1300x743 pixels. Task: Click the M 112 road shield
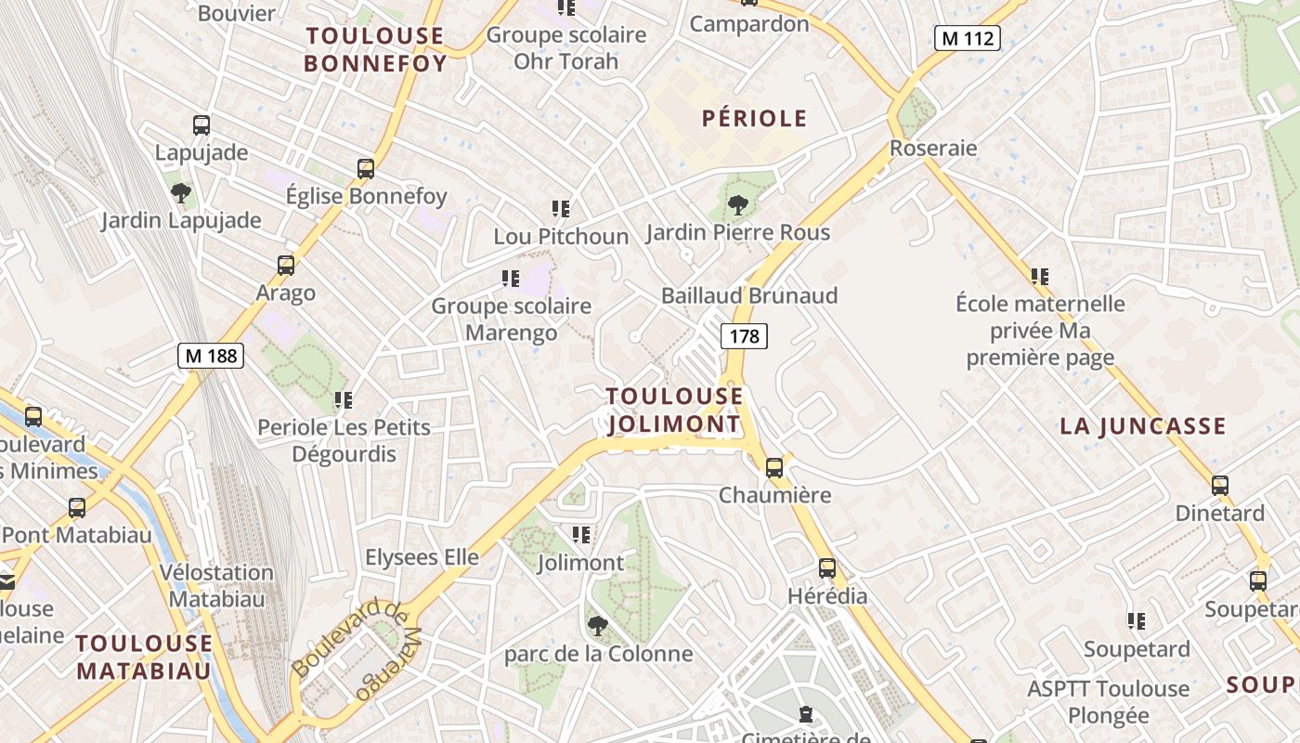[x=967, y=38]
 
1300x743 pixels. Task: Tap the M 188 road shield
[x=211, y=355]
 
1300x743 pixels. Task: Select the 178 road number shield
[x=744, y=336]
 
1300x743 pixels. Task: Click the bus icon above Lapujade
[x=201, y=125]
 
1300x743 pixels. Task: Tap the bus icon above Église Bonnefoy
[x=366, y=169]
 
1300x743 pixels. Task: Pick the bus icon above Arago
[x=286, y=266]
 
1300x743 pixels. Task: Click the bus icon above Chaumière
[x=774, y=468]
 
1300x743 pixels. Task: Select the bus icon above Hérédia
[x=826, y=568]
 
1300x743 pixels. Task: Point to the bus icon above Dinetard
[x=1220, y=485]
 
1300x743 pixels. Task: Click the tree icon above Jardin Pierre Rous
[x=738, y=204]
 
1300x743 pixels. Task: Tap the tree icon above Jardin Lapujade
[x=181, y=193]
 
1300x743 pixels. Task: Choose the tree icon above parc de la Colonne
[x=598, y=625]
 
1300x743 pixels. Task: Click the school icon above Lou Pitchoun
[x=561, y=209]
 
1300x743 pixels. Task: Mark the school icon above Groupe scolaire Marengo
[x=511, y=278]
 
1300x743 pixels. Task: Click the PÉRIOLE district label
[x=754, y=119]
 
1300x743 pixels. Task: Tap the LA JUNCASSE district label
[x=1143, y=426]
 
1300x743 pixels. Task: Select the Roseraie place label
[x=933, y=148]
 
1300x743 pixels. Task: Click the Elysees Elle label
[x=422, y=557]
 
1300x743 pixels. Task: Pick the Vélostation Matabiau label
[x=216, y=585]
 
